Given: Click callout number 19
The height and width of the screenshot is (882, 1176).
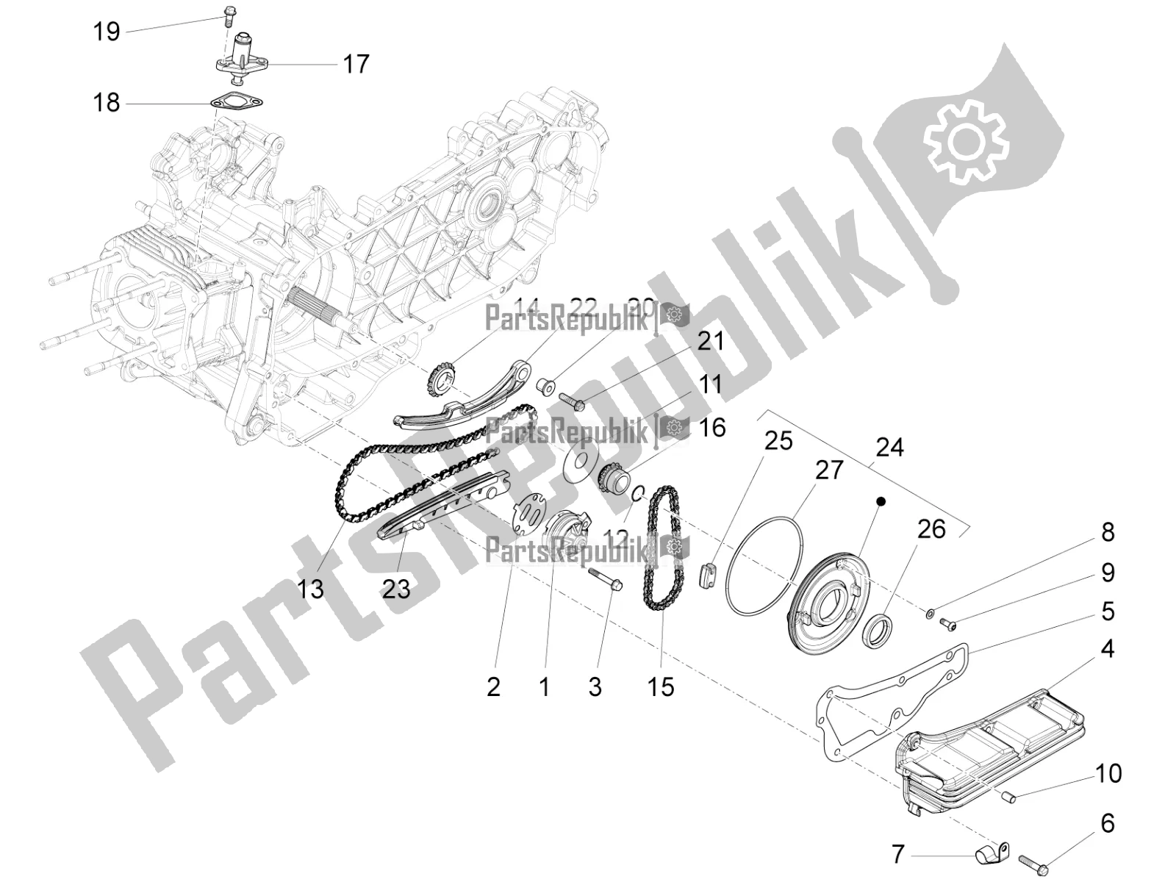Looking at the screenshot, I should pos(107,32).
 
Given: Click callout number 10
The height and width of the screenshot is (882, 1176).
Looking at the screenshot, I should pos(1108,773).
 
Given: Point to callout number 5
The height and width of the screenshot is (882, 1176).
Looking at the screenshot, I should pos(1108,612).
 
